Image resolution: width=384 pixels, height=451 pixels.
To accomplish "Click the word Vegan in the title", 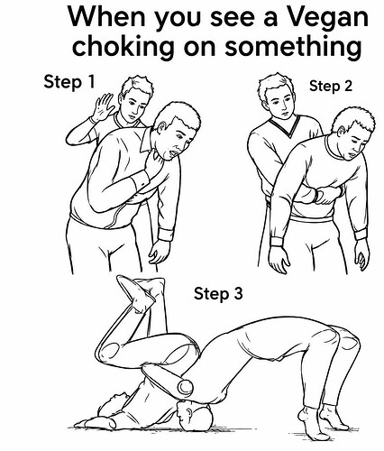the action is (x=327, y=17).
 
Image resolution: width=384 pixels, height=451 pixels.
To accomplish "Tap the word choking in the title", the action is (x=123, y=47).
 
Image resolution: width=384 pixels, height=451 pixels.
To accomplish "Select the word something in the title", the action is (x=293, y=47).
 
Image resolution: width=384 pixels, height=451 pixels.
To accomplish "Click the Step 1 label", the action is (x=69, y=81).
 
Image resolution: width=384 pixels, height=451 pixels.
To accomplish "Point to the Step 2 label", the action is (x=331, y=86).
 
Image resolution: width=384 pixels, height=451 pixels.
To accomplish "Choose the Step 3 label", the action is (x=218, y=293).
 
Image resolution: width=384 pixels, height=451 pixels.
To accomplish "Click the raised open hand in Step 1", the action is (x=103, y=107).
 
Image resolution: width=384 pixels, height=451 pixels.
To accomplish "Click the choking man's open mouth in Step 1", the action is (x=172, y=153).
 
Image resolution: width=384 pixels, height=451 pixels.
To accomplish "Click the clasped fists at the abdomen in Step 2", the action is (x=325, y=195).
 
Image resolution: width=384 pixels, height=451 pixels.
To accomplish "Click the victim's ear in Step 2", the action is (x=343, y=132).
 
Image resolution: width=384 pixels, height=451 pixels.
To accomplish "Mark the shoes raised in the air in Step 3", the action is (x=139, y=290).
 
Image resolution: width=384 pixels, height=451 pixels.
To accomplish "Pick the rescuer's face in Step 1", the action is (x=137, y=104).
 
